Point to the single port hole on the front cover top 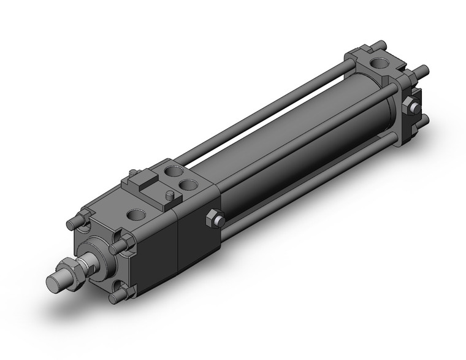tap(136, 215)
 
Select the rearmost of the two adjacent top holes tap(175, 171)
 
